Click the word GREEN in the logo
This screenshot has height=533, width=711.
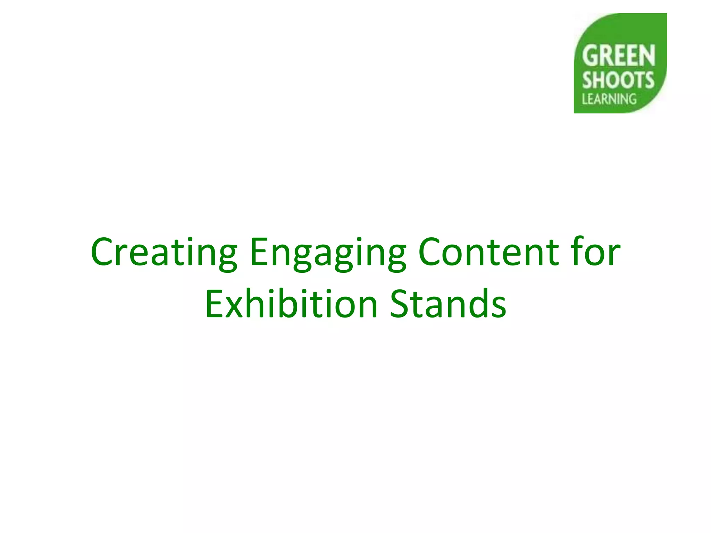(618, 56)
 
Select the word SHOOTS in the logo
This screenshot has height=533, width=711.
(618, 80)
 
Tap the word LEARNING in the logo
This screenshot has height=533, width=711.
(609, 99)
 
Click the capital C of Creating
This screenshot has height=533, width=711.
(104, 252)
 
